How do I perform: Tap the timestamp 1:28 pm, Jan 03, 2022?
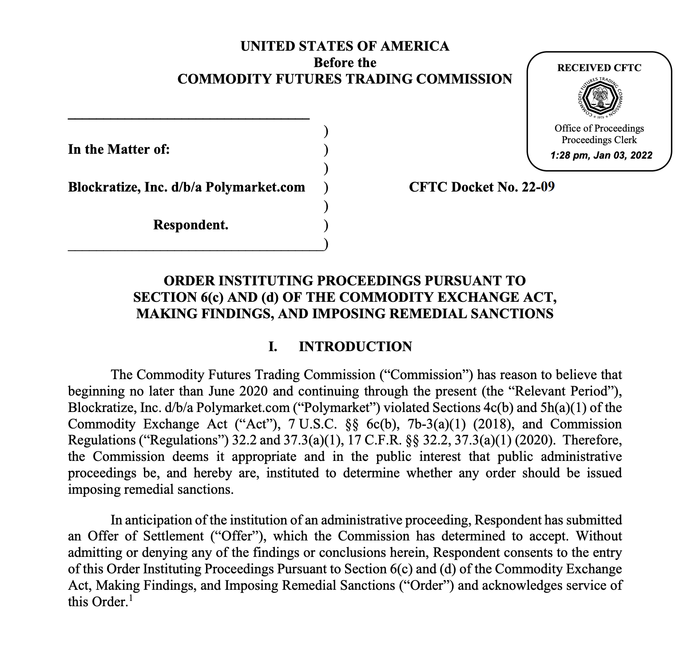[x=601, y=155]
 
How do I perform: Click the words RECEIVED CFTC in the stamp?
[x=599, y=68]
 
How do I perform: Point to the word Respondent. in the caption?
[x=191, y=225]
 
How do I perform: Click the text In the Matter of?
[x=119, y=149]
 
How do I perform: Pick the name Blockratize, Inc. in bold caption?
[x=118, y=187]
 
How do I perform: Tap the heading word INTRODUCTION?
[x=355, y=347]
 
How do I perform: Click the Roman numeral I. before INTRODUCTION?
[x=273, y=347]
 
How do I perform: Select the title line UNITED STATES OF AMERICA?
[x=345, y=46]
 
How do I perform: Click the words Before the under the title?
[x=345, y=63]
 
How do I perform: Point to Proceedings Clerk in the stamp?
[x=599, y=140]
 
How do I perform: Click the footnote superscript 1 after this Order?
[x=130, y=598]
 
